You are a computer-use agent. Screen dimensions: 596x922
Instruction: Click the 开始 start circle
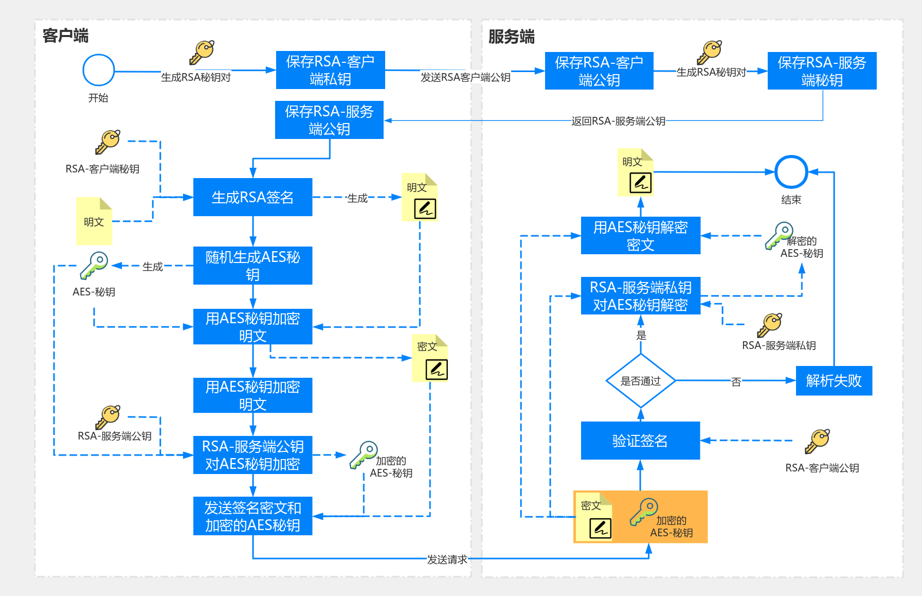coord(98,70)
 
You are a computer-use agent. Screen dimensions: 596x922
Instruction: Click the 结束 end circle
coord(791,172)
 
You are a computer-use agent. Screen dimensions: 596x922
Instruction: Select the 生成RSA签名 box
coord(252,197)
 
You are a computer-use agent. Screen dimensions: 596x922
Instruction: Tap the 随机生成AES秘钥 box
coord(252,266)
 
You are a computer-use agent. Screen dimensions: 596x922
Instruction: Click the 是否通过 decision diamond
coord(640,381)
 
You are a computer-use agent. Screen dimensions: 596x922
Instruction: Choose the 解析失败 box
coord(834,381)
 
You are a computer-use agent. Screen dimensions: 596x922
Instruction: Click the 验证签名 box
coord(640,441)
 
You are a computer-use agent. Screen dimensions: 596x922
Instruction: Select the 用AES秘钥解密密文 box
coord(640,236)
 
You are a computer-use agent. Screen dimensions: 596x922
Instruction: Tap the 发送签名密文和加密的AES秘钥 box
coord(252,516)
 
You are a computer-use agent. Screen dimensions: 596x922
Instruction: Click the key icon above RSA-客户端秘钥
coord(107,142)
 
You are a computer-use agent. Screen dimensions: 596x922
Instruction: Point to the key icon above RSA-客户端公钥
coord(817,441)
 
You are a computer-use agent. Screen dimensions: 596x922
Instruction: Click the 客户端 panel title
coord(65,36)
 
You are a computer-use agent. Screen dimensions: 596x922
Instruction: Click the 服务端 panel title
coord(511,37)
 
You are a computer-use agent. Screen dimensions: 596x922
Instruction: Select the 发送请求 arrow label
coord(447,559)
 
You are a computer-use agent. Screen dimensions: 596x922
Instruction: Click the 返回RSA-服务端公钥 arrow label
coord(618,121)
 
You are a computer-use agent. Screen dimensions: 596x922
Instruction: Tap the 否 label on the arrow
coord(736,382)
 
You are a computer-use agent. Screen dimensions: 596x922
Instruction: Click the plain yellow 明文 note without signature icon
coord(94,221)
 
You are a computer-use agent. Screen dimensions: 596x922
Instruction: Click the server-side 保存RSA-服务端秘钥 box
coord(822,71)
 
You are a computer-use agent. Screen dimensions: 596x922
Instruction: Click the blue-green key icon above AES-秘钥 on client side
coord(94,265)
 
